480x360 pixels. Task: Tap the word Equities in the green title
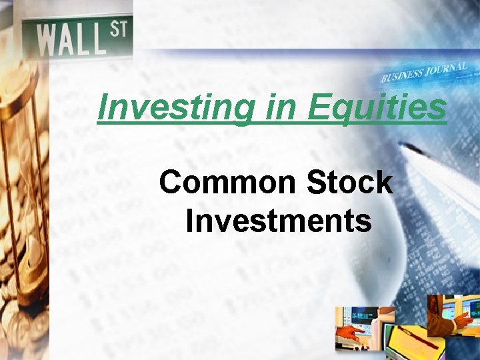tap(377, 107)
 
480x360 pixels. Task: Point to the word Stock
tap(349, 182)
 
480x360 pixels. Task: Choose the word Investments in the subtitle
tap(279, 221)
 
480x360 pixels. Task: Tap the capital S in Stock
tap(317, 182)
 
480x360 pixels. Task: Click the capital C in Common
tap(171, 182)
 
